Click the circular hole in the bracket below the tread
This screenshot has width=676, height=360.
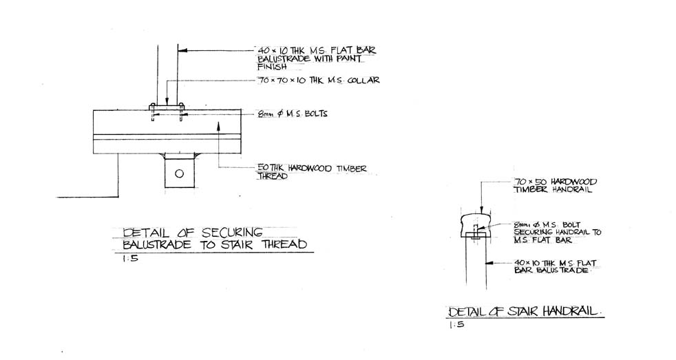(x=179, y=173)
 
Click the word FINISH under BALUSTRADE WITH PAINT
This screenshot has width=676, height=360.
(x=268, y=67)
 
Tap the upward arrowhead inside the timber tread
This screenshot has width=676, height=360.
(x=218, y=125)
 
